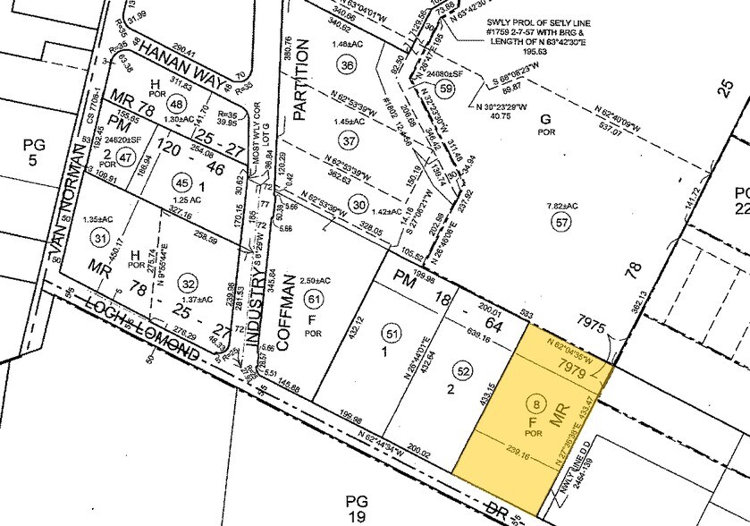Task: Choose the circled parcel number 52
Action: point(462,369)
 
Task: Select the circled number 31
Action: point(99,238)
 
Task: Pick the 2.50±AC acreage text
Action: point(314,280)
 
